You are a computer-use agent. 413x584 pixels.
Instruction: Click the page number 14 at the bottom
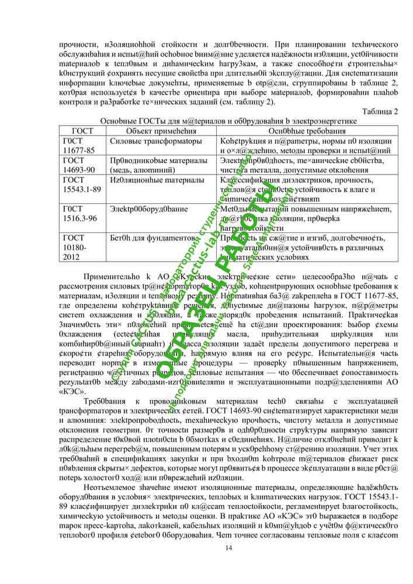click(229, 547)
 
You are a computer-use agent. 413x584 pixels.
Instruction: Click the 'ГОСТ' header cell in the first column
click(78, 131)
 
